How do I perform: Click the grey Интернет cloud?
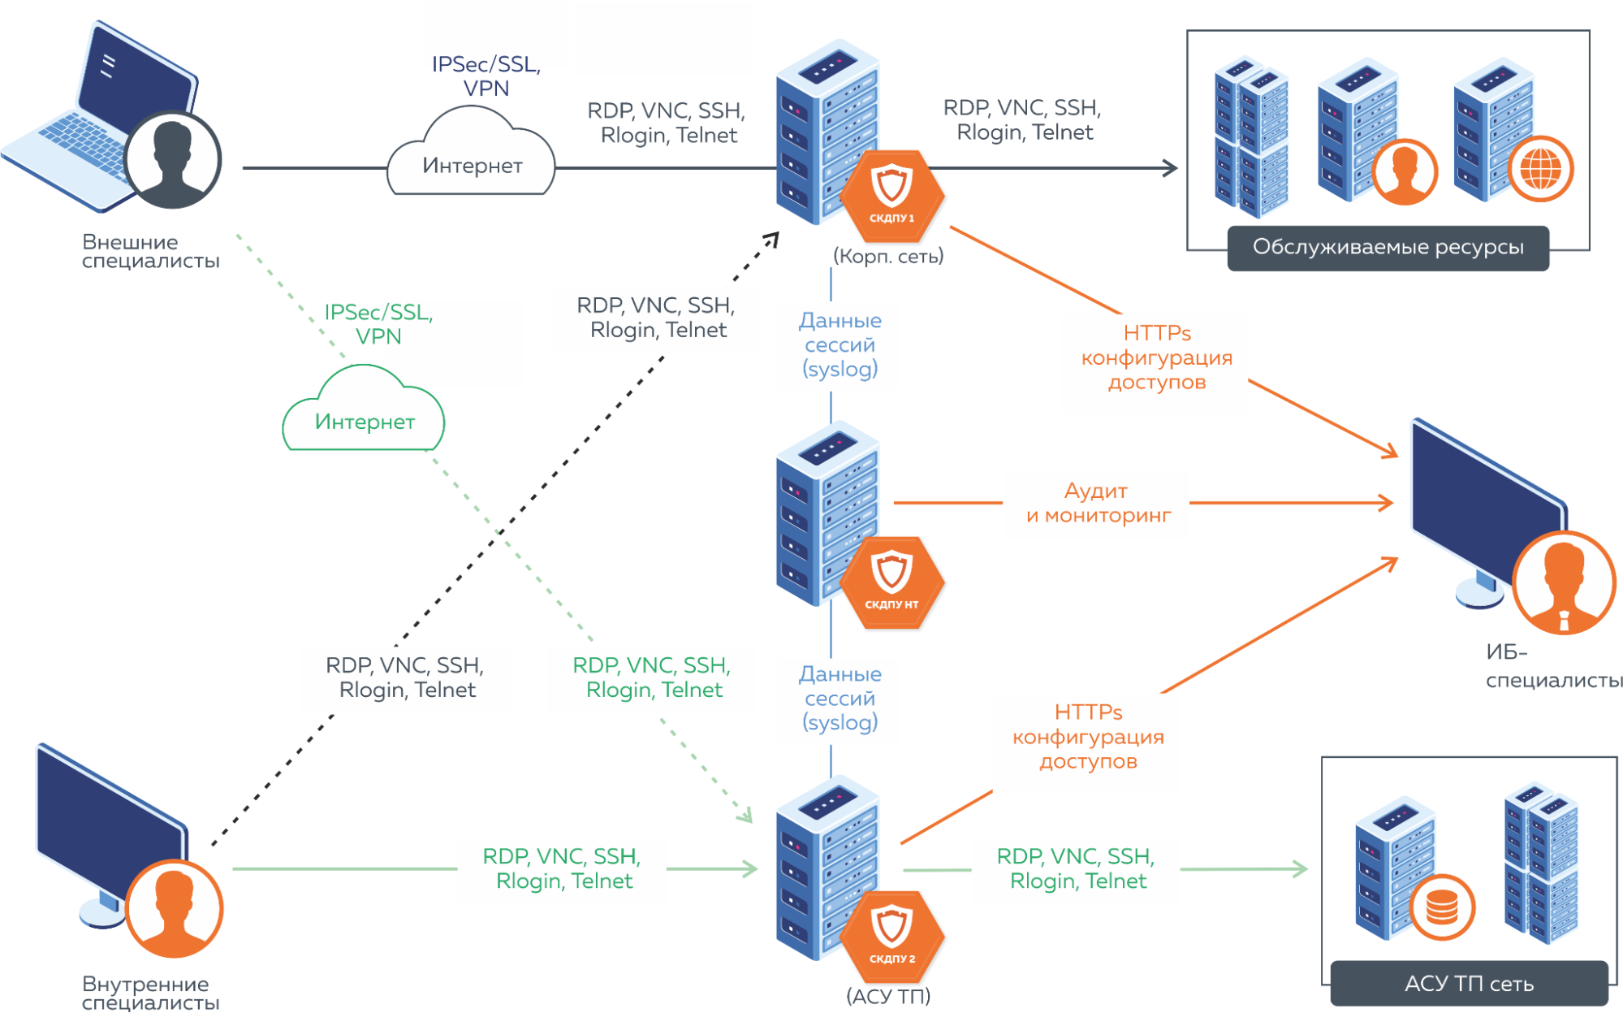tap(472, 162)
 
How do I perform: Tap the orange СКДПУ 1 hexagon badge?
tap(891, 196)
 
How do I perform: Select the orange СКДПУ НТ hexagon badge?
tap(891, 582)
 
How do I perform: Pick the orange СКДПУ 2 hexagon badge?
tap(891, 937)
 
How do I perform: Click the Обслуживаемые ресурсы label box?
tap(1388, 248)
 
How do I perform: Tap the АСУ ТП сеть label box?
tap(1469, 984)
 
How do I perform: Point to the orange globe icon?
tap(1540, 170)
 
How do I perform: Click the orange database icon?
tap(1442, 907)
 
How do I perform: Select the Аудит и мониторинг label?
tap(1098, 503)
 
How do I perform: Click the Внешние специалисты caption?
tap(150, 251)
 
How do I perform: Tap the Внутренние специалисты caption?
tap(150, 993)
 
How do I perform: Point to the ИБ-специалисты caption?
tap(1552, 666)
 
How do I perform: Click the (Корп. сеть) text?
tap(888, 257)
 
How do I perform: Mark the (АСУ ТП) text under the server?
tap(888, 996)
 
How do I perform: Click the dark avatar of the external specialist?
tap(172, 160)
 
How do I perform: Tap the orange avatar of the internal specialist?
tap(174, 908)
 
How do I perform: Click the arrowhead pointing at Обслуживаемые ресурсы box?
tap(1170, 168)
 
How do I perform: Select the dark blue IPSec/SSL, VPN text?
tap(486, 76)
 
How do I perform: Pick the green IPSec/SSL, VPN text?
tap(378, 324)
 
